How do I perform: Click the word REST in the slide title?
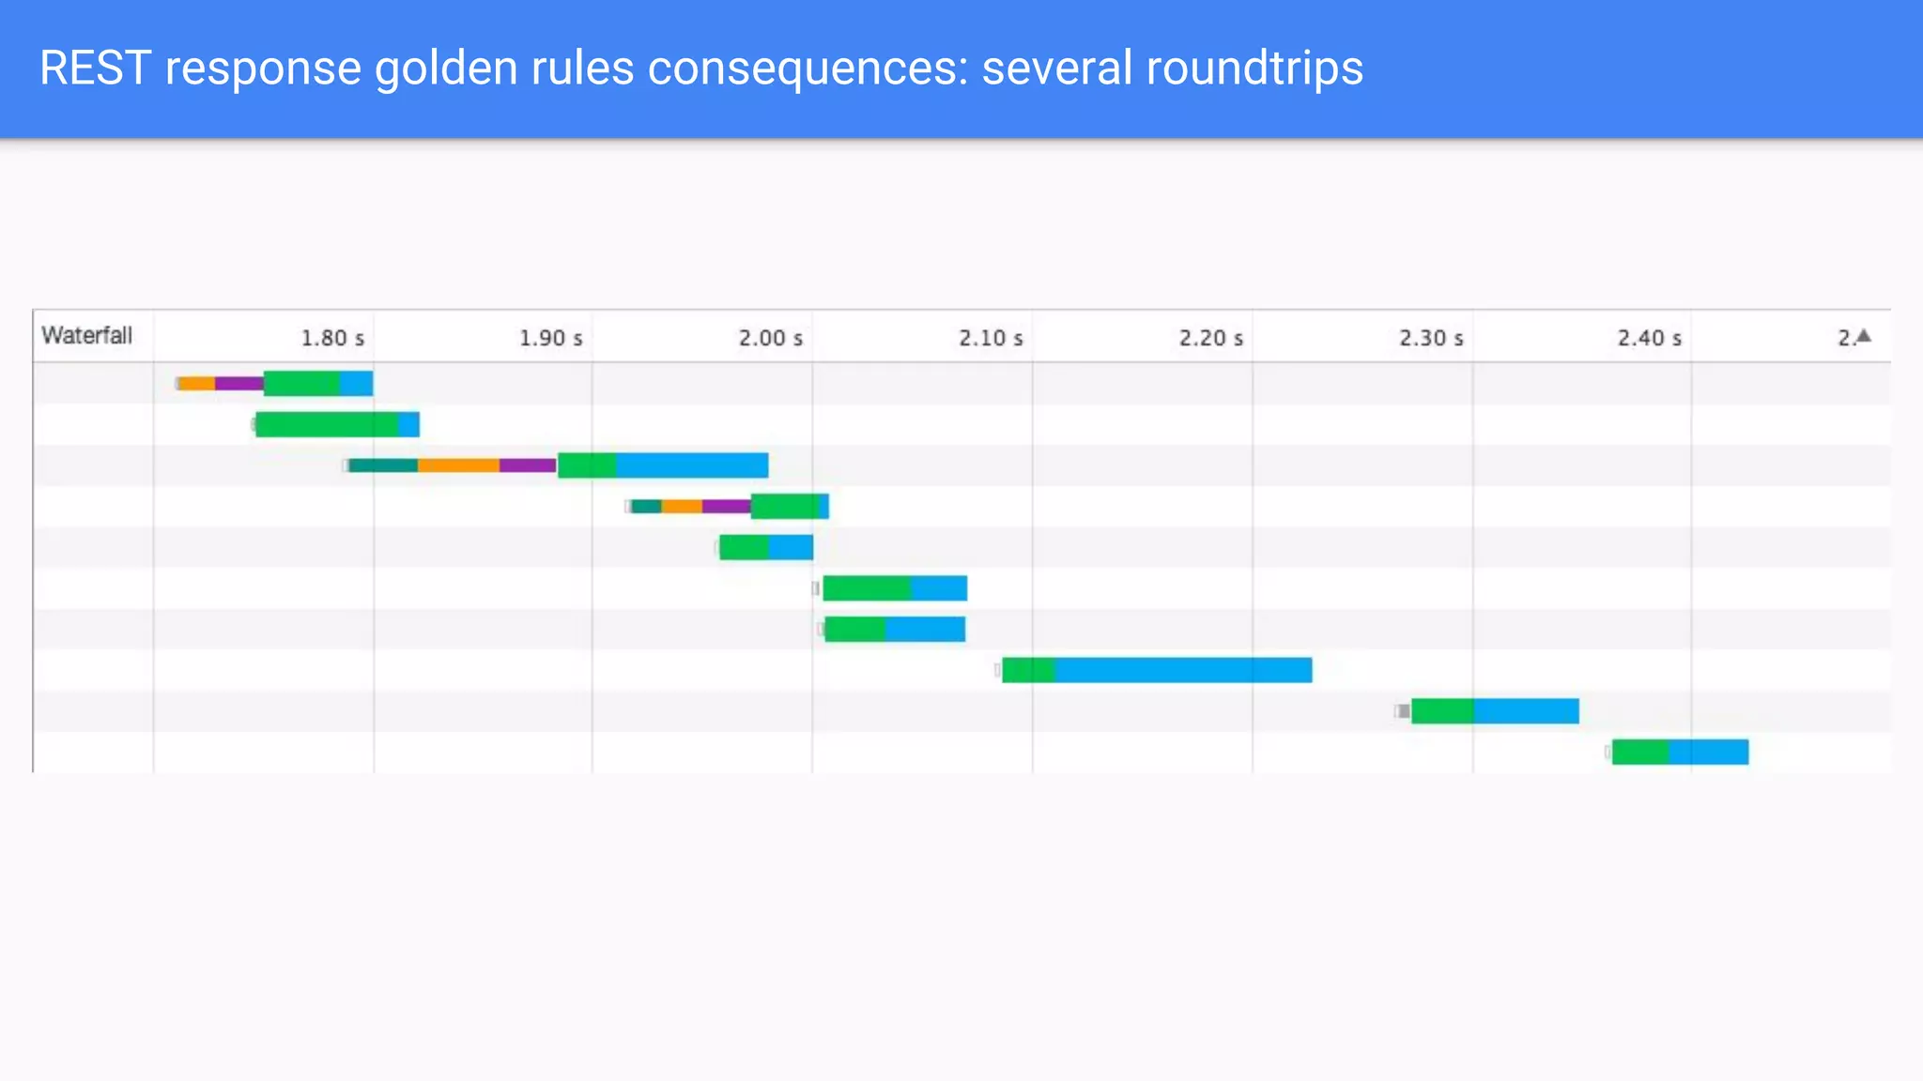tap(95, 69)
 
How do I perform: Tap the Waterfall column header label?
tap(87, 335)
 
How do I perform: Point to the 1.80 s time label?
tap(332, 338)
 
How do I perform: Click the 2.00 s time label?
tap(770, 338)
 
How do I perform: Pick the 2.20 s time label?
tap(1210, 338)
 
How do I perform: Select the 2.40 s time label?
tap(1649, 338)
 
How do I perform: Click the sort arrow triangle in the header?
tap(1864, 336)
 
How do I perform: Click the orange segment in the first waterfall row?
tap(197, 383)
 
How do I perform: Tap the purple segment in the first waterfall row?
tap(238, 383)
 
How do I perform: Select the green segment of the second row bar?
tap(327, 424)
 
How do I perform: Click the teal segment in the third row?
tap(383, 465)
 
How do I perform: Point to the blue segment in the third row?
tap(692, 465)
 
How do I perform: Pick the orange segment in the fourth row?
tap(682, 507)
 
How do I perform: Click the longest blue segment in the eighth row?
tap(1183, 670)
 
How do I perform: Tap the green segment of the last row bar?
tap(1640, 752)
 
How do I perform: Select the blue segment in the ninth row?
tap(1526, 711)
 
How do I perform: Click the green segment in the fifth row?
tap(744, 547)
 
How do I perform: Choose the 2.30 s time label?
tap(1430, 338)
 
